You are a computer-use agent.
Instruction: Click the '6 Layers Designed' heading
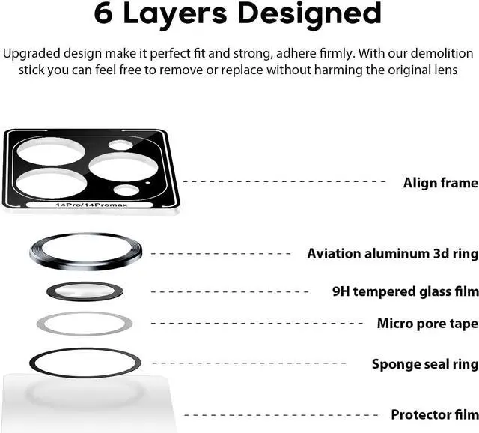239,13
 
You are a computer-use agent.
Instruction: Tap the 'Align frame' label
440,182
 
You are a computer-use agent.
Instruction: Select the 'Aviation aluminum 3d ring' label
392,253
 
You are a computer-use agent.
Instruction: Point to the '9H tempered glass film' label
405,291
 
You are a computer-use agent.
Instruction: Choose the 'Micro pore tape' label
427,324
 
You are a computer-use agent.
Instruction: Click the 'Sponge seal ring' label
424,364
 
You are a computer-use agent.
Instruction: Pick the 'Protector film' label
434,414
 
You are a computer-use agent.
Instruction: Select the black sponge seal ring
35,363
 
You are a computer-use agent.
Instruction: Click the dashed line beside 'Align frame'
284,181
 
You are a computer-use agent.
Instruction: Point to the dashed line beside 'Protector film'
284,414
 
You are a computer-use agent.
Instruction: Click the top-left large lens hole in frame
51,154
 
